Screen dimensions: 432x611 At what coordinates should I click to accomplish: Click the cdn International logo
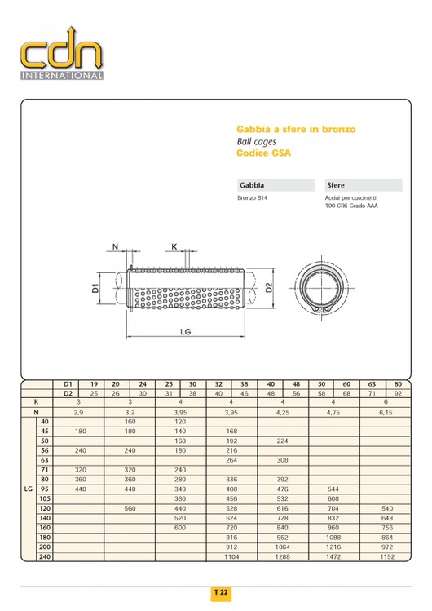pyautogui.click(x=62, y=53)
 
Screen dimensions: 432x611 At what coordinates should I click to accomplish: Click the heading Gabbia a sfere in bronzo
pyautogui.click(x=296, y=130)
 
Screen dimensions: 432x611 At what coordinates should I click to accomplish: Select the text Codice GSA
pyautogui.click(x=263, y=153)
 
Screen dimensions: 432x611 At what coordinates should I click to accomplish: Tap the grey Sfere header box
pyautogui.click(x=363, y=185)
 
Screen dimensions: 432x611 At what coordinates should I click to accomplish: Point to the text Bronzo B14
pyautogui.click(x=252, y=198)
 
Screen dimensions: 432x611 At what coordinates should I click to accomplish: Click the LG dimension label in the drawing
pyautogui.click(x=186, y=332)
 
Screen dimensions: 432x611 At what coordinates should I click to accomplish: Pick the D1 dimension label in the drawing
pyautogui.click(x=95, y=288)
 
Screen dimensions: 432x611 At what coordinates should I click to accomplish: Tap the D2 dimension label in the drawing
pyautogui.click(x=269, y=288)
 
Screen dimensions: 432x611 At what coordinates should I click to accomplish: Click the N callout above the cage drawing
pyautogui.click(x=115, y=246)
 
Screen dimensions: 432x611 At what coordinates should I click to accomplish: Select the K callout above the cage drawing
pyautogui.click(x=174, y=246)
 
